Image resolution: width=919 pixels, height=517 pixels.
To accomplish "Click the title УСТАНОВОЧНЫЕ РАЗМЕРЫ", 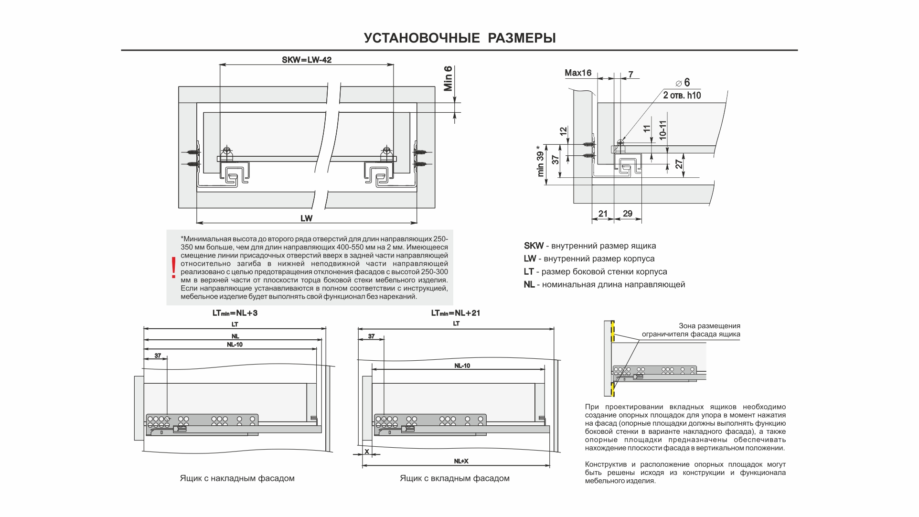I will (x=459, y=38).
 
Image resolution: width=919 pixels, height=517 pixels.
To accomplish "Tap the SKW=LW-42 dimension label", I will (x=306, y=60).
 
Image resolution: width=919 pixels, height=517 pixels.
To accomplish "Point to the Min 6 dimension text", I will (x=448, y=78).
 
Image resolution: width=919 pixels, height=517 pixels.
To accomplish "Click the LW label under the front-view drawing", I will (x=306, y=218).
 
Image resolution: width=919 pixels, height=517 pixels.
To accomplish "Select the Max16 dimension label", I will (x=578, y=73).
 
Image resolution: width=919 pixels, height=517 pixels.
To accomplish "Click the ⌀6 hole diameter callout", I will (x=683, y=83).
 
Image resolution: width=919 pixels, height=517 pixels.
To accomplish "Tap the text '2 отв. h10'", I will (x=682, y=95).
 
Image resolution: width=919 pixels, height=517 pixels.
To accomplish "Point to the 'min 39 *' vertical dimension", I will (x=540, y=161).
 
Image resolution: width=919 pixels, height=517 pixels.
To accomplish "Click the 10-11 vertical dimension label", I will (x=663, y=129).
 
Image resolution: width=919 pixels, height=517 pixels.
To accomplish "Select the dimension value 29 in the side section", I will (x=628, y=214).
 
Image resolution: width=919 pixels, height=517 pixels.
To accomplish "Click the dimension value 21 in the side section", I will (x=603, y=214).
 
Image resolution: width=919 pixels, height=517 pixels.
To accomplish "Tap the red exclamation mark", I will (x=173, y=268).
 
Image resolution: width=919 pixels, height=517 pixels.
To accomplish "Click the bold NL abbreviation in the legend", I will (x=529, y=285).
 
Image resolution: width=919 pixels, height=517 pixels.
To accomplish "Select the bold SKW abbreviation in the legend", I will (x=534, y=246).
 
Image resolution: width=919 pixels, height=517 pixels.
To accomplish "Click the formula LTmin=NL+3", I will (x=235, y=313).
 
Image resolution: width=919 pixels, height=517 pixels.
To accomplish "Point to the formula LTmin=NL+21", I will (x=455, y=313).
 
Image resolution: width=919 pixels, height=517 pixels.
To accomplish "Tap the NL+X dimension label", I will (x=461, y=461).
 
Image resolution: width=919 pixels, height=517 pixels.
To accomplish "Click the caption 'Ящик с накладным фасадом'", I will (x=237, y=478).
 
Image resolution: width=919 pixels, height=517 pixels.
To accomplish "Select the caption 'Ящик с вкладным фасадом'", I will (x=454, y=478).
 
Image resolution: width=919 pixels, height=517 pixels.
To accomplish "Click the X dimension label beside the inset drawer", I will (x=367, y=452).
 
